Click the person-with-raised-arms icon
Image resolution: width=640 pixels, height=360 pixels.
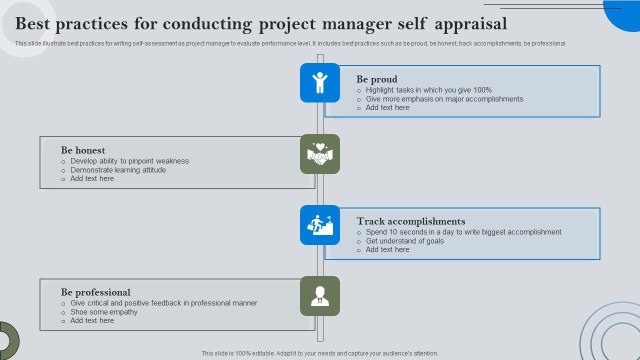click(320, 83)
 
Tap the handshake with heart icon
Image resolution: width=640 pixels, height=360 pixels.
click(320, 154)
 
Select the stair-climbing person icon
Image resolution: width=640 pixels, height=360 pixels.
click(320, 225)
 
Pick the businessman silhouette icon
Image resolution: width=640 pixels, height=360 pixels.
click(320, 296)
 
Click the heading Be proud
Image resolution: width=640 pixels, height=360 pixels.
click(377, 79)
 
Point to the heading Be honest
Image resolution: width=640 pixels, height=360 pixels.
click(83, 150)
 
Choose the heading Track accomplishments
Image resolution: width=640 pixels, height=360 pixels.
click(411, 221)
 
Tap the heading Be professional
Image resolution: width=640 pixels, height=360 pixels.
click(95, 292)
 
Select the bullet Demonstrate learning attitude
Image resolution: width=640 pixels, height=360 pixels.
click(118, 170)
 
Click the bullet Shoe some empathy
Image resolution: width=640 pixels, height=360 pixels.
click(104, 312)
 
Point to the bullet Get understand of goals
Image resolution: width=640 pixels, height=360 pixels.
click(404, 241)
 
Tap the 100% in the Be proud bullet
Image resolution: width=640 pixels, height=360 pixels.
click(482, 90)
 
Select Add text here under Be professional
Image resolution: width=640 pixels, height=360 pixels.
click(92, 320)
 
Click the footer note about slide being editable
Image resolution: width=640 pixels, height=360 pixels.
click(319, 353)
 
